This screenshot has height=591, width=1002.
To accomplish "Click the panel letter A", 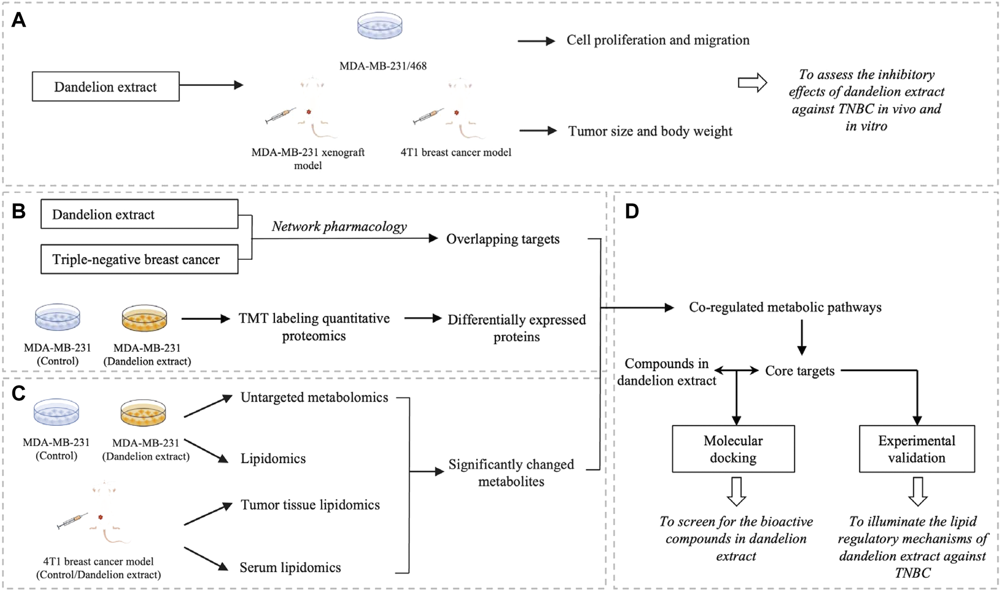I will [x=18, y=20].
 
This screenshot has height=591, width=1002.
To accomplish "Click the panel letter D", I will [x=632, y=211].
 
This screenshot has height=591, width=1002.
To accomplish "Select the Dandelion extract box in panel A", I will [x=106, y=87].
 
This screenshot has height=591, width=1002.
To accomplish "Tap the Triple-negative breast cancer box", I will [x=139, y=259].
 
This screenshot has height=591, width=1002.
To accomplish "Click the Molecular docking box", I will [x=733, y=449].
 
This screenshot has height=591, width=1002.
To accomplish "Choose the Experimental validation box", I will [x=916, y=449].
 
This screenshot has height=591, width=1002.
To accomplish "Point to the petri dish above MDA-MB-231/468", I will [x=380, y=26].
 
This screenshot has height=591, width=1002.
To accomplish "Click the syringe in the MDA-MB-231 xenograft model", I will [x=281, y=116].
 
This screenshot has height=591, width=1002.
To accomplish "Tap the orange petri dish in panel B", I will [x=145, y=318].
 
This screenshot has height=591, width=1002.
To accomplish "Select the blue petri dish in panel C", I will [x=57, y=412].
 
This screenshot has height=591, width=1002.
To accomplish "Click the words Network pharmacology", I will [x=339, y=226].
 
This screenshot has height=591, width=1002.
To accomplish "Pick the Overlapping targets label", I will [x=503, y=239].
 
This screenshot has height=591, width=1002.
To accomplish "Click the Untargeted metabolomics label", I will [x=314, y=397].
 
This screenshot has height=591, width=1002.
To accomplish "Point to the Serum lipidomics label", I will [x=290, y=567].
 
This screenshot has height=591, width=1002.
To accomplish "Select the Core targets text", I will [x=800, y=371].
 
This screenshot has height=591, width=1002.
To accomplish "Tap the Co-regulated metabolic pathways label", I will [x=785, y=307].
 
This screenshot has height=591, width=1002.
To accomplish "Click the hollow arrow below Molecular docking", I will [x=736, y=491].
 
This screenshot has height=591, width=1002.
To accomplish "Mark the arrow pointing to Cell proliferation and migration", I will [x=537, y=41].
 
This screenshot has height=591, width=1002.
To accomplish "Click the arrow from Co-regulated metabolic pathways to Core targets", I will [x=801, y=337].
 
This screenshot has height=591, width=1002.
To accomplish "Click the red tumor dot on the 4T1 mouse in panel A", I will [x=456, y=113].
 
